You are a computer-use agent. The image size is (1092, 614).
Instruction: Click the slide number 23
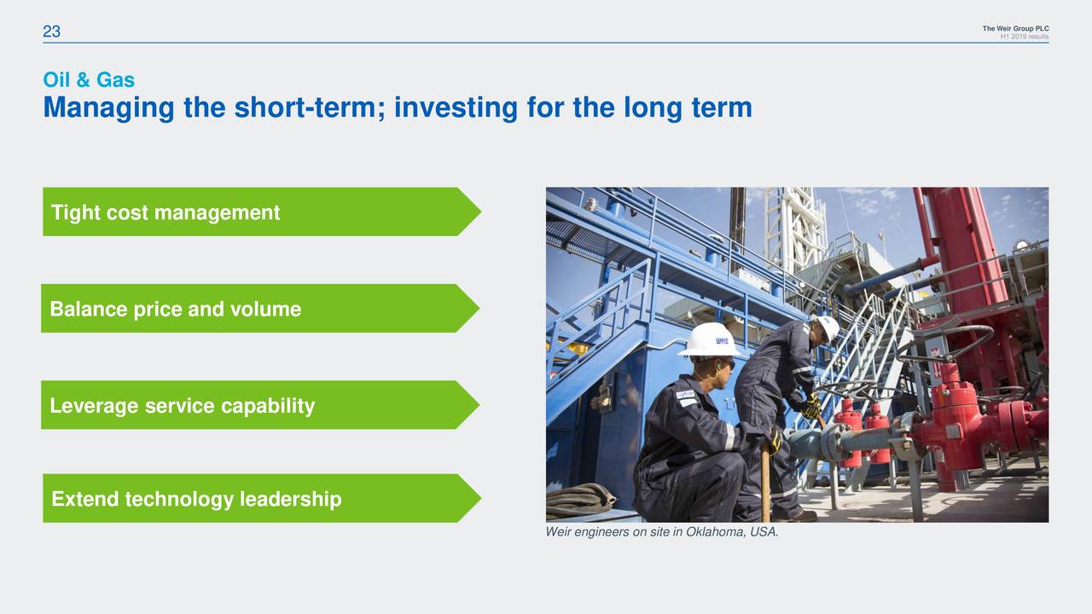point(51,32)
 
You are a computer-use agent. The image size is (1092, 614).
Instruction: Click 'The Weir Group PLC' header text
point(1015,29)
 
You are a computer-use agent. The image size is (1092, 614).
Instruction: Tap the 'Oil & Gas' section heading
point(89,80)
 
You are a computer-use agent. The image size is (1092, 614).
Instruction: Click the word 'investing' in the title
point(456,108)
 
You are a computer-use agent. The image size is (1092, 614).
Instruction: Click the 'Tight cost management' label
point(166,212)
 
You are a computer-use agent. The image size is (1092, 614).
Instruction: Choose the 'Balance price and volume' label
point(175,309)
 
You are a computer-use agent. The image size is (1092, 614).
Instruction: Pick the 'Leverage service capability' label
point(182,406)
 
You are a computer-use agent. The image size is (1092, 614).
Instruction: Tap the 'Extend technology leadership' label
point(196,499)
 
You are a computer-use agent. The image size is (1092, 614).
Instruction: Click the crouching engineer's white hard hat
point(709,339)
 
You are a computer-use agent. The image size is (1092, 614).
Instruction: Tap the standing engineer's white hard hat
point(827,327)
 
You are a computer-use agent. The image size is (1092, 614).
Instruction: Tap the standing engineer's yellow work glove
point(810,409)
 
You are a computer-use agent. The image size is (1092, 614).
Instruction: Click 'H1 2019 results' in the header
point(1024,37)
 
